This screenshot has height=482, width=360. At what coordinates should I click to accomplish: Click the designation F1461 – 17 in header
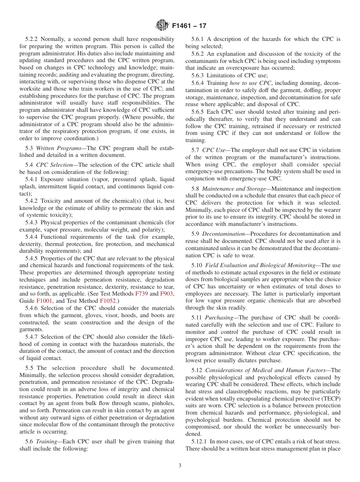pos(189,26)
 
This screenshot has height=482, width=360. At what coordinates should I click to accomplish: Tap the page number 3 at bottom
pos(180,466)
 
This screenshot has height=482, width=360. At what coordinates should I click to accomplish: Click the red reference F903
pos(167,294)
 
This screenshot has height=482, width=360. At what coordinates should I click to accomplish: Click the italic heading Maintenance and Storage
pos(234,188)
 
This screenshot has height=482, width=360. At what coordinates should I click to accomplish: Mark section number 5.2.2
pos(32,39)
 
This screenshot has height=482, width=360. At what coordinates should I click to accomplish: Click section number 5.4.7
pos(32,337)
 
